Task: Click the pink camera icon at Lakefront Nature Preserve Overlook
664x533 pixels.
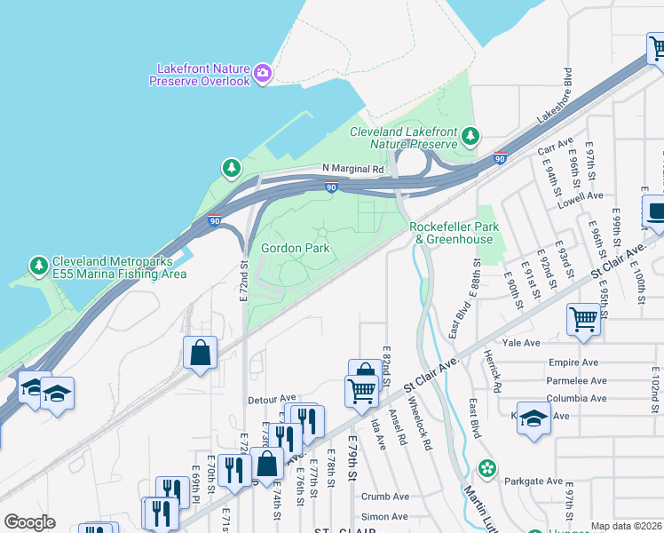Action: click(x=262, y=74)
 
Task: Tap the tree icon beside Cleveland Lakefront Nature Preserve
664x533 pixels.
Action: click(x=470, y=137)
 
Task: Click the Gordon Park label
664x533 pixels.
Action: click(x=296, y=248)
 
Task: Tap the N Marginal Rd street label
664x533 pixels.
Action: click(x=352, y=168)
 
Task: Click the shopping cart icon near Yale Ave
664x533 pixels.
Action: click(x=584, y=318)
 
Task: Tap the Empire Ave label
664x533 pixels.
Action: click(x=576, y=362)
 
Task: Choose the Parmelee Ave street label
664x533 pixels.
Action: click(x=578, y=380)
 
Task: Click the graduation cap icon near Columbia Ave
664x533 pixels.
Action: click(x=534, y=418)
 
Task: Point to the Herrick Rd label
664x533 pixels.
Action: click(x=493, y=371)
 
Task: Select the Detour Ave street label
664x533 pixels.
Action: click(x=272, y=399)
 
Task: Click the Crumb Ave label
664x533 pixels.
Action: click(x=385, y=497)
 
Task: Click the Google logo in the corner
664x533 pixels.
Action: click(x=29, y=522)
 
